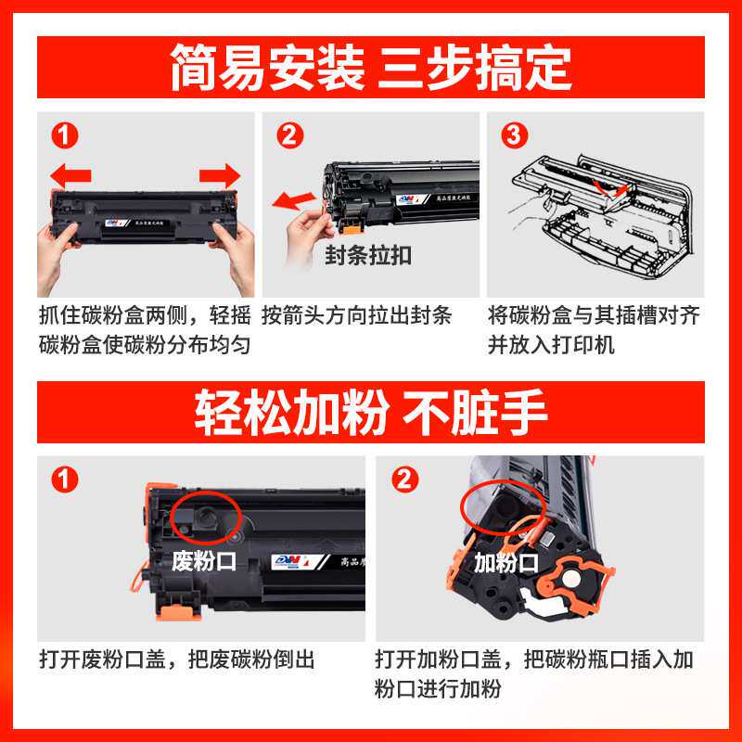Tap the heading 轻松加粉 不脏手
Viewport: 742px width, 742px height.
371,412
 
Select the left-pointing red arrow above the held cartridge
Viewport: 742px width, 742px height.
70,173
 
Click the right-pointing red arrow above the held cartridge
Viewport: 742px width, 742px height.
220,173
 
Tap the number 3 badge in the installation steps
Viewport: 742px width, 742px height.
512,136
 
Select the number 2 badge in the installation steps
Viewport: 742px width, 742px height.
289,136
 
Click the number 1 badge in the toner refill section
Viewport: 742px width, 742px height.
64,480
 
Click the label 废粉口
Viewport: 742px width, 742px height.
205,561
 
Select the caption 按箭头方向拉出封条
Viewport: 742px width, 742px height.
357,315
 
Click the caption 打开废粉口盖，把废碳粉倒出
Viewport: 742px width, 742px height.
176,659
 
